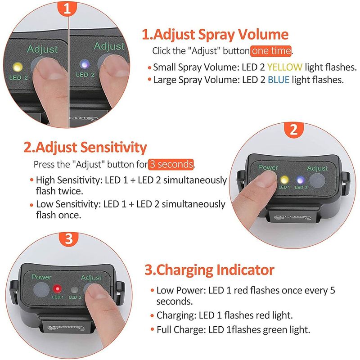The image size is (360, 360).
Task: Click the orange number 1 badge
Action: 67,9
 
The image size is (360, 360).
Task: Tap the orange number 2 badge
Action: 294,130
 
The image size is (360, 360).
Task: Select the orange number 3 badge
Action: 69,239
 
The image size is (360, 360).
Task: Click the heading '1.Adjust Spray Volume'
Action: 215,35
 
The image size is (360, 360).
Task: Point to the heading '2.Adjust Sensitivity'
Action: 85,148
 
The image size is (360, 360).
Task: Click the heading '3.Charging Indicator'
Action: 209,270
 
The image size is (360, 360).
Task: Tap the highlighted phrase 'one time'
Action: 271,51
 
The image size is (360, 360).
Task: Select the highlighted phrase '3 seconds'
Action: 171,164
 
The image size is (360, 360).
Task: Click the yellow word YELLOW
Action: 285,67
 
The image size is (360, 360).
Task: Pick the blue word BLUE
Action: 279,80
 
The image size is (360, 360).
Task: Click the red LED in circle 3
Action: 57,288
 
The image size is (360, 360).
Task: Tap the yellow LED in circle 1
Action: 18,67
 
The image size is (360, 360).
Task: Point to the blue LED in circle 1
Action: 84,64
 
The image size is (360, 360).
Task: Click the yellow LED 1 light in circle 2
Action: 284,180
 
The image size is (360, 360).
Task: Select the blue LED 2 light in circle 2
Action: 300,180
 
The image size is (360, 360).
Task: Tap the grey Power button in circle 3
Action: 41,290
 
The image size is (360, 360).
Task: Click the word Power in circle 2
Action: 268,167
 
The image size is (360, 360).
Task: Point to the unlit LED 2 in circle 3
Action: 74,290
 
